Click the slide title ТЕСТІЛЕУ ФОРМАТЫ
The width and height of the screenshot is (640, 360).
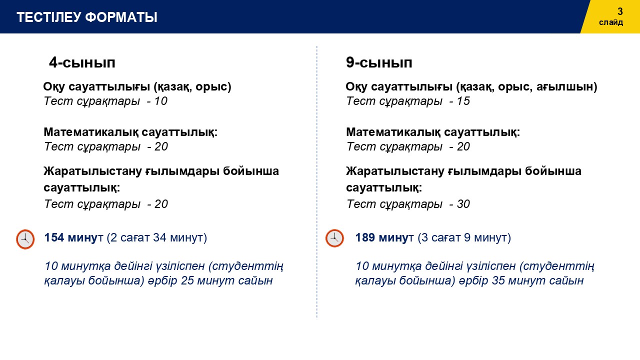tap(87, 17)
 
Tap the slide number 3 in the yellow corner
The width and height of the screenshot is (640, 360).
tap(620, 11)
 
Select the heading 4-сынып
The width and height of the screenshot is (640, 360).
tap(82, 62)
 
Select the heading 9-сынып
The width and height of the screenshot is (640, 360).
tap(379, 62)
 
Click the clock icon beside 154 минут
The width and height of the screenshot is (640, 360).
tap(25, 239)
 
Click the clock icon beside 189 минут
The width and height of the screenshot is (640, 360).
tap(334, 238)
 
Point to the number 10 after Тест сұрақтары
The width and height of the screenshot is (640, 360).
tap(160, 101)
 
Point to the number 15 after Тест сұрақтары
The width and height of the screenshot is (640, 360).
tap(463, 101)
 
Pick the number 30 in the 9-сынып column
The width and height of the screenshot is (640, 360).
tap(463, 204)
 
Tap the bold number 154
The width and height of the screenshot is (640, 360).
tap(54, 237)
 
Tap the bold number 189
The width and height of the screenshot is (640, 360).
tap(365, 237)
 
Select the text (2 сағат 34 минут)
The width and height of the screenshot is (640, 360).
tap(156, 237)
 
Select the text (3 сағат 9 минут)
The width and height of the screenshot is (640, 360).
tap(464, 237)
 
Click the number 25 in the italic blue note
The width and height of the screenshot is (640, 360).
tap(187, 280)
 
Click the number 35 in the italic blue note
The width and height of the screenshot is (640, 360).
tap(498, 280)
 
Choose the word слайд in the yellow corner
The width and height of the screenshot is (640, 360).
tap(611, 22)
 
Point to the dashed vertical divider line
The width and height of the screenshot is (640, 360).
tap(317, 182)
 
